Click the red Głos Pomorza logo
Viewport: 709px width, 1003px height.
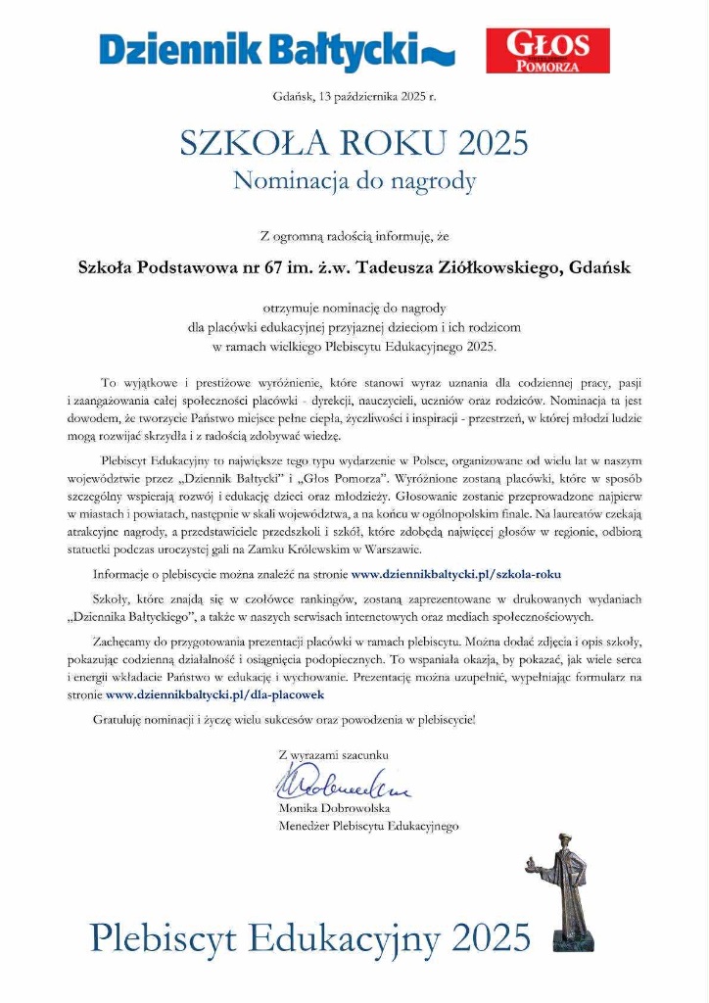click(x=547, y=51)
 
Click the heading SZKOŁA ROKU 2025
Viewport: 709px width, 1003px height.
click(x=354, y=143)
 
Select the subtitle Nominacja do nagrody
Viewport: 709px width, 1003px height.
click(x=354, y=180)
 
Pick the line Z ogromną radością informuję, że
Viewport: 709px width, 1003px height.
click(x=354, y=235)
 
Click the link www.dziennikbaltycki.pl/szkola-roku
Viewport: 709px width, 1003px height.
click(x=456, y=573)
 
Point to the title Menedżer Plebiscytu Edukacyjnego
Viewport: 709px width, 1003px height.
click(x=368, y=826)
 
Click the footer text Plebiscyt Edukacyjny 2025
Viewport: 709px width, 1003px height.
click(x=309, y=938)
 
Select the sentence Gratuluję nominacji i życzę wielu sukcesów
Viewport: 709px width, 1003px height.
click(x=284, y=720)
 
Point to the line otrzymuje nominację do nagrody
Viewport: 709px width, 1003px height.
click(x=354, y=308)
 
